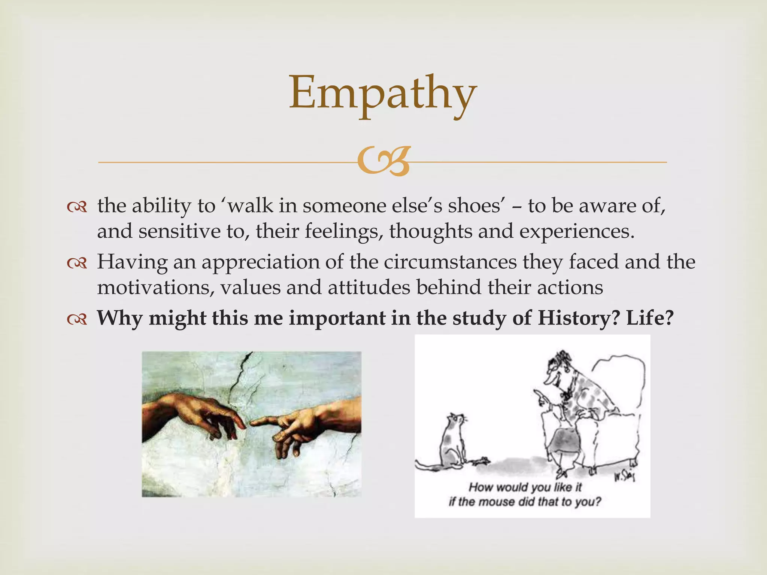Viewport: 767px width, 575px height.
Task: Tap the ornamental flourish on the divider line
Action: [383, 162]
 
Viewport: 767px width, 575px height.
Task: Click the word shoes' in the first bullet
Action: [476, 206]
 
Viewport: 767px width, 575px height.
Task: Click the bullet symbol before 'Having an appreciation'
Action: [77, 264]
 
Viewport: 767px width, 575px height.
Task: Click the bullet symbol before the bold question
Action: [77, 319]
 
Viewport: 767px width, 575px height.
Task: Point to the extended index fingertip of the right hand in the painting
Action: [252, 423]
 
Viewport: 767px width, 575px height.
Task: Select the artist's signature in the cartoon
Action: [623, 477]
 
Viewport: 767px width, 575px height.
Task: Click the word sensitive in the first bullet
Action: [179, 231]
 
